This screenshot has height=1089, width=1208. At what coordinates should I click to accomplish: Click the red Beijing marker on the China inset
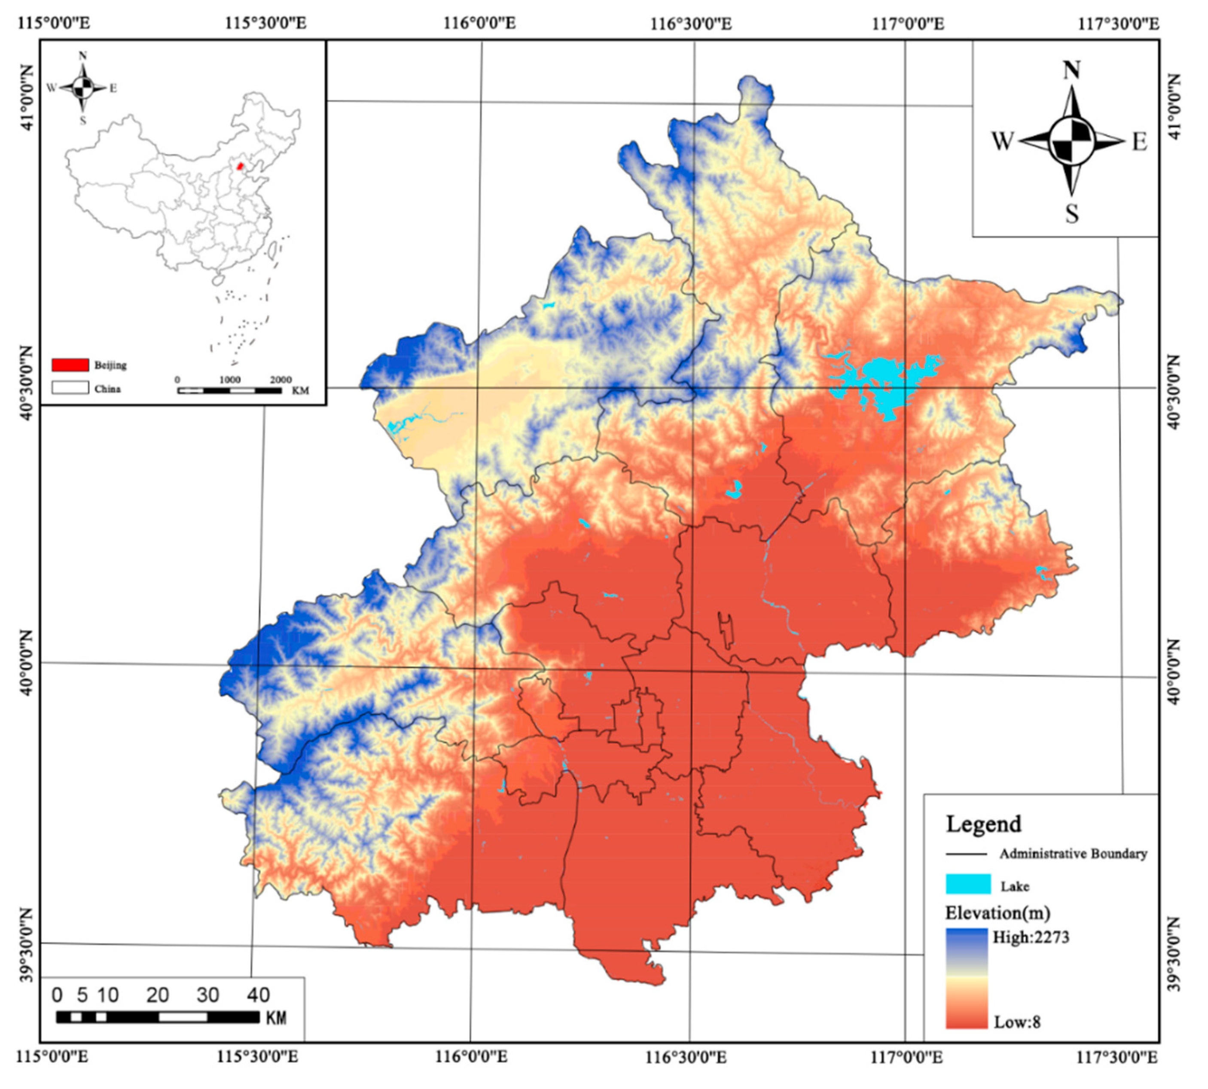(240, 165)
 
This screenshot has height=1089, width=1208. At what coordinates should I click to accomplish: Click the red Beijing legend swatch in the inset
(70, 365)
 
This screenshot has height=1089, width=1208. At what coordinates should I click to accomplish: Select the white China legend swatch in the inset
(70, 388)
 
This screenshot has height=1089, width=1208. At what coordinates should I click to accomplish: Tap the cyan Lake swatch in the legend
(968, 884)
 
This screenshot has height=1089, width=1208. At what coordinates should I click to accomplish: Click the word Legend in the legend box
(983, 824)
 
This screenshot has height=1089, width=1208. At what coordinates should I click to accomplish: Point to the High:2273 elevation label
(1030, 937)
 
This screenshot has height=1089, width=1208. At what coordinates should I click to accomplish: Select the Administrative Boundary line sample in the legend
(966, 854)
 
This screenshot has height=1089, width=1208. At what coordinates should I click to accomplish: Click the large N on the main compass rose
(1071, 70)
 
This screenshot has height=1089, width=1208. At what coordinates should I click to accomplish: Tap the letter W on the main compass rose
(1003, 142)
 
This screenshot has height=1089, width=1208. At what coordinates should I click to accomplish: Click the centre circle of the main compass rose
(1071, 142)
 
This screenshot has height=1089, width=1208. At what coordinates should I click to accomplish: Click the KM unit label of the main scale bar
(275, 1018)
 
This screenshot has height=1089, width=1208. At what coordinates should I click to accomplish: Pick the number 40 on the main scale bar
(258, 995)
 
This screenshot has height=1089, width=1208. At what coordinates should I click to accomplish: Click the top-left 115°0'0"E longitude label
(55, 23)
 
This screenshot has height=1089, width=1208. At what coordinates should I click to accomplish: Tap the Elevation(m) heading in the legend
(998, 913)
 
